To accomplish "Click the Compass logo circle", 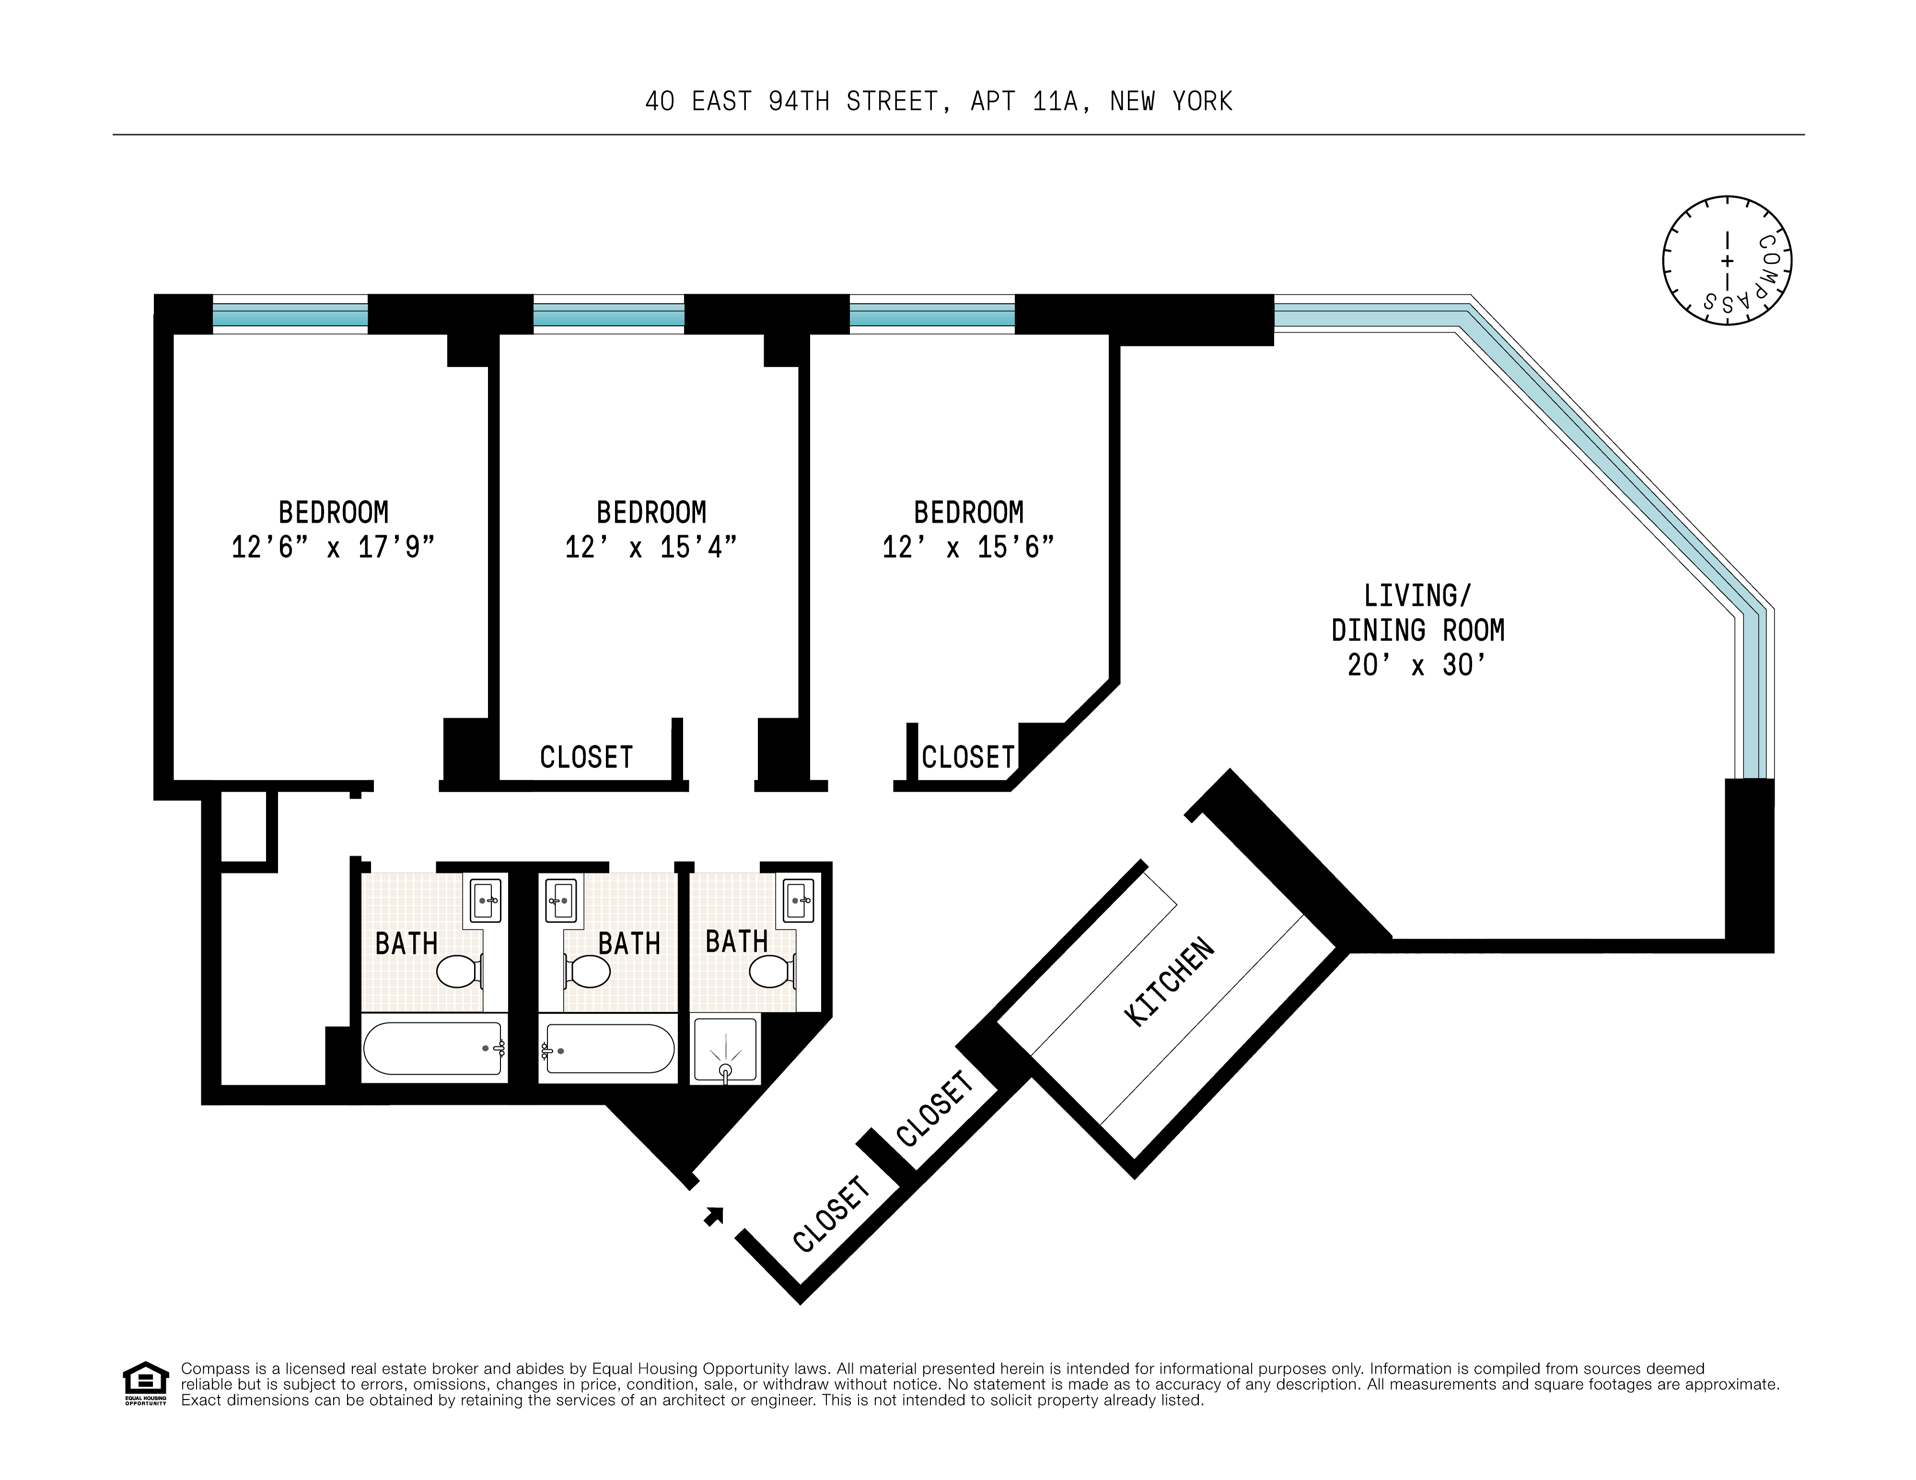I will click(1727, 261).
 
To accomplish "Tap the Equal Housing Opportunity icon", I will click(145, 1383).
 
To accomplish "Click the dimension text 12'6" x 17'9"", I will click(333, 547).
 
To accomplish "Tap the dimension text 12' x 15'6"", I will click(968, 547).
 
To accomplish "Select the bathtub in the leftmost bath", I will click(433, 1048).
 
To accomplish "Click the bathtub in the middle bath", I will click(608, 1048).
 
